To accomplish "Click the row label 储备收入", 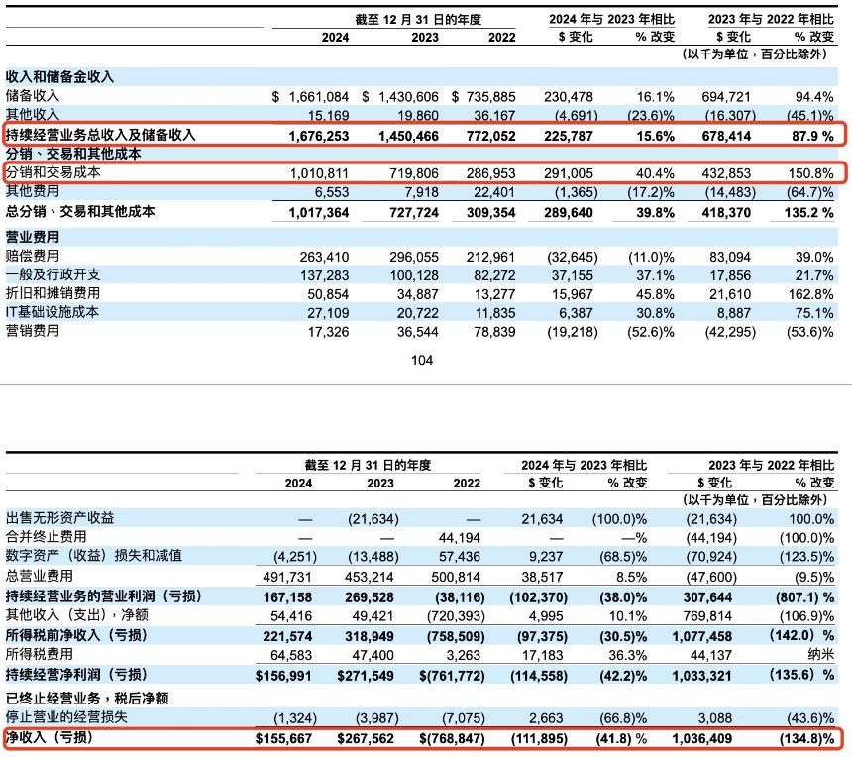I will pos(33,96).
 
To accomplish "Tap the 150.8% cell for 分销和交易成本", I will pos(809,172).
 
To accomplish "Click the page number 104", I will pos(422,361).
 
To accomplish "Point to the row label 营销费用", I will pos(33,331).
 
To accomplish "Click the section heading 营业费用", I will pos(33,237).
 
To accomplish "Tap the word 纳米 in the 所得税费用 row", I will pos(818,654).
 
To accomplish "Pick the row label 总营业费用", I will pos(40,576).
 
